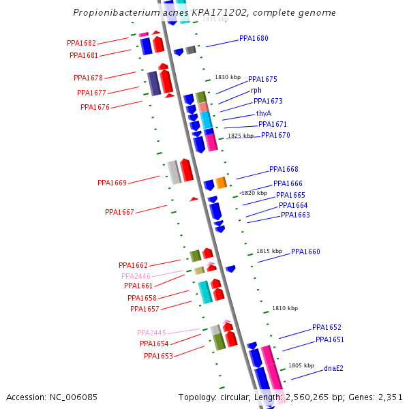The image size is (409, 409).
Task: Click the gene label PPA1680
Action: (254, 39)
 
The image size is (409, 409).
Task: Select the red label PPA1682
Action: (81, 43)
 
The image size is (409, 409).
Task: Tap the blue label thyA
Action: (264, 113)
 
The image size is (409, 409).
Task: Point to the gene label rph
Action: (256, 90)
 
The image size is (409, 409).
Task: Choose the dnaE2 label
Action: (333, 369)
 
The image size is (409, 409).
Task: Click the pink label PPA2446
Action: (136, 276)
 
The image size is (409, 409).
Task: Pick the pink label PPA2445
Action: (151, 333)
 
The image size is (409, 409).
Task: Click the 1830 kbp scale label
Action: (228, 78)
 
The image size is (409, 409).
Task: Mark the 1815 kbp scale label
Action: (269, 251)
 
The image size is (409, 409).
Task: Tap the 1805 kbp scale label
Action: (301, 365)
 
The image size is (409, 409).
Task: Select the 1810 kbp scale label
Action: (285, 308)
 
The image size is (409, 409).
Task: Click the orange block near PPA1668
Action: (221, 183)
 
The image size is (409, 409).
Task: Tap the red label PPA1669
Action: (112, 183)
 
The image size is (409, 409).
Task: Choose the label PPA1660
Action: (305, 252)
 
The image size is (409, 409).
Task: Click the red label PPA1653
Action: (158, 356)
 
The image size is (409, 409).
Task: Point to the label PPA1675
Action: (262, 80)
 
